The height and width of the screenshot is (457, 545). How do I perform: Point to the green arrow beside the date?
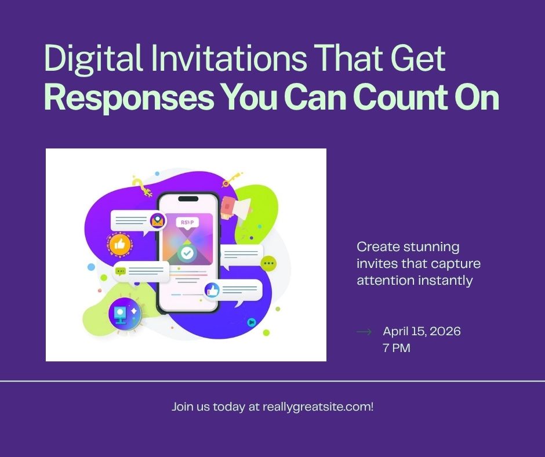pyautogui.click(x=364, y=332)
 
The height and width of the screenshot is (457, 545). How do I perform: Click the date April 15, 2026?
pyautogui.click(x=422, y=332)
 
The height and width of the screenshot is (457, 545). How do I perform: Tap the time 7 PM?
pyautogui.click(x=397, y=349)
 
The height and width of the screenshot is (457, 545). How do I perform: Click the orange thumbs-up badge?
pyautogui.click(x=119, y=245)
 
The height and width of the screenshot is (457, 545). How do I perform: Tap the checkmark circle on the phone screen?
pyautogui.click(x=187, y=253)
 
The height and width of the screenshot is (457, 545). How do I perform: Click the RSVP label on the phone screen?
pyautogui.click(x=187, y=222)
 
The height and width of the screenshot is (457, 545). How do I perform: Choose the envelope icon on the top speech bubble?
pyautogui.click(x=157, y=220)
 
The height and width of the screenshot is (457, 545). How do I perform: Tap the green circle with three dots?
pyautogui.click(x=268, y=264)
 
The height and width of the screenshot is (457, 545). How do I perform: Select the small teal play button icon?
pyautogui.click(x=251, y=322)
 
